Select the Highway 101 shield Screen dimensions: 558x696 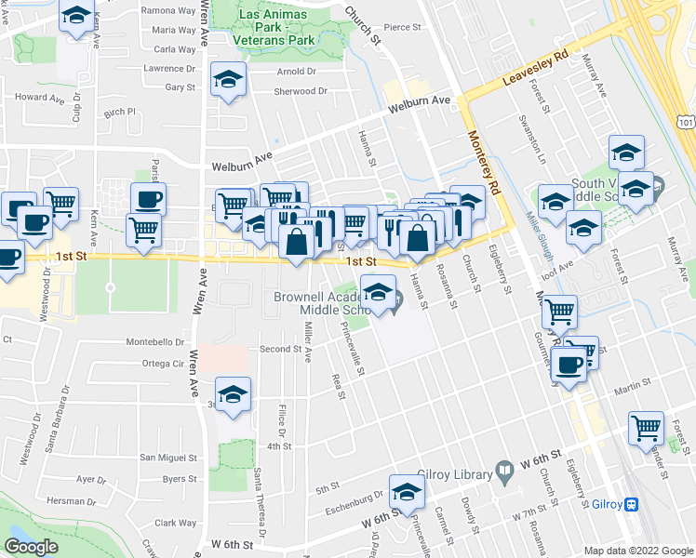click(686, 121)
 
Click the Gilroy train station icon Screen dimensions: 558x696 click(631, 504)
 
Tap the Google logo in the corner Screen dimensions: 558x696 click(31, 547)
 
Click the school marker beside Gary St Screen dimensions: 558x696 click(227, 81)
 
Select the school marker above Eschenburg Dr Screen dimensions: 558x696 click(407, 493)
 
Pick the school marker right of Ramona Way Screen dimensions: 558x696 click(76, 17)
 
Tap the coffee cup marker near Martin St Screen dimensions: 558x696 click(569, 365)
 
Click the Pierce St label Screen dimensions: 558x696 click(403, 28)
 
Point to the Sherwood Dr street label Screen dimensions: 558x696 click(301, 91)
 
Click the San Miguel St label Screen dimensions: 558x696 click(168, 458)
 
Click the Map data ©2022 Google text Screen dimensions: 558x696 click(637, 551)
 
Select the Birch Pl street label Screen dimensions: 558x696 click(120, 112)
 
